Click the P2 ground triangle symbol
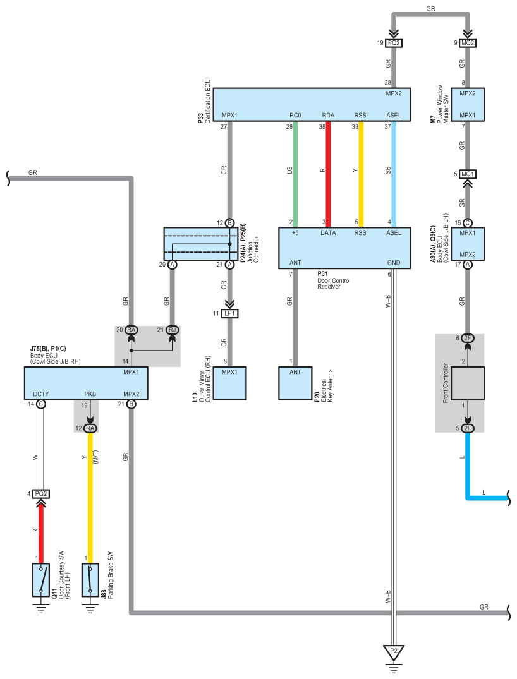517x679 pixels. (x=394, y=652)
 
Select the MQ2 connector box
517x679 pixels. (x=468, y=43)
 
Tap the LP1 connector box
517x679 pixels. (x=229, y=313)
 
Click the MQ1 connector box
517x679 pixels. (x=468, y=174)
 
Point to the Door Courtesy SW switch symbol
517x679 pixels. (x=41, y=580)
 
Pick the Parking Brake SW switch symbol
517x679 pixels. (x=90, y=580)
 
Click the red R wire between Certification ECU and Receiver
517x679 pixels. (x=328, y=174)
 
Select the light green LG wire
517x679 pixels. (x=295, y=174)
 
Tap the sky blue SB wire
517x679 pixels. (x=394, y=174)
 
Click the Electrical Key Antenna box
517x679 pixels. (x=295, y=383)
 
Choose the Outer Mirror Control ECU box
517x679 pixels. (x=229, y=383)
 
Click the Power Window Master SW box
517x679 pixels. (x=468, y=104)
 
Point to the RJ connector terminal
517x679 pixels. (x=173, y=330)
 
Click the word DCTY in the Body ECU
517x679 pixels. (x=41, y=394)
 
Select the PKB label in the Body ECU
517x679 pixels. (x=90, y=394)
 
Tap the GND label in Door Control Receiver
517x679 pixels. (x=394, y=263)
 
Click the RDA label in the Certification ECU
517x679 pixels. (x=328, y=115)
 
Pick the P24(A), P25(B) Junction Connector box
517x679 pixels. (x=200, y=244)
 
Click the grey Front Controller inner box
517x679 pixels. (x=468, y=383)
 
